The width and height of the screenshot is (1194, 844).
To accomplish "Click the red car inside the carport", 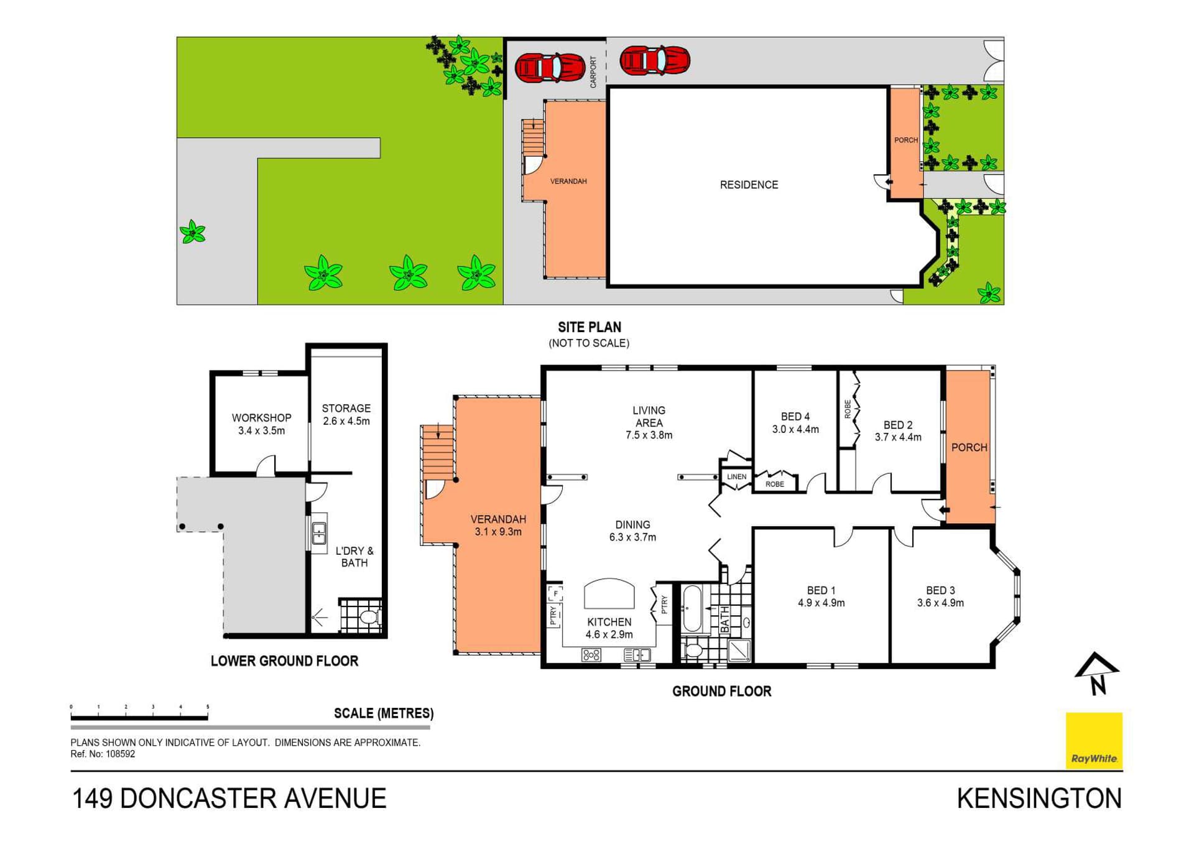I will [x=550, y=68].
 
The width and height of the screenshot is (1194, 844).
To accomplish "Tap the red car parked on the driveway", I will [x=654, y=60].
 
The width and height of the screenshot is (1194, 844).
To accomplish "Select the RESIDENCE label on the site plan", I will [x=749, y=185].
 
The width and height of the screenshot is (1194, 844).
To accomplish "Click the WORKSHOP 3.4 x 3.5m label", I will [x=261, y=424].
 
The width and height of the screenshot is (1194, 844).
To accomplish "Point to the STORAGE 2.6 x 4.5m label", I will [x=346, y=415].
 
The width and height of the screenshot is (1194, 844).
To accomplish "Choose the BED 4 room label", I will [x=795, y=423].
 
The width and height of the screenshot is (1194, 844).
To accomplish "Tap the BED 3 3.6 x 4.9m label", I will [x=940, y=596].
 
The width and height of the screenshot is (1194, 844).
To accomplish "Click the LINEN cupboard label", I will [x=736, y=477].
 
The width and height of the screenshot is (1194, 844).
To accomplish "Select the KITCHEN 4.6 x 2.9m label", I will [x=609, y=628].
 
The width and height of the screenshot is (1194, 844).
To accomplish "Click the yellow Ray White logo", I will [x=1094, y=740].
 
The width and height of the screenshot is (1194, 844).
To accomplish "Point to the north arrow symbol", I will [x=1097, y=674].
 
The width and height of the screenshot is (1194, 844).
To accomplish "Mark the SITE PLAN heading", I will [x=589, y=327].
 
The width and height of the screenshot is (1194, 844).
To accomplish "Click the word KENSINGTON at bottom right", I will [x=1039, y=799].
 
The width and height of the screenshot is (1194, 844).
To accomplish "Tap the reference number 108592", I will [x=120, y=754].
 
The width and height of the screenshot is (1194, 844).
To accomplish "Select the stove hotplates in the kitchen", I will [x=591, y=655].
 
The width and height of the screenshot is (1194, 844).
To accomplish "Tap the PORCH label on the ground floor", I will [x=969, y=447].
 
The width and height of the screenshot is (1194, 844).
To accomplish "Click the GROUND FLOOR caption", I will [x=721, y=691].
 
